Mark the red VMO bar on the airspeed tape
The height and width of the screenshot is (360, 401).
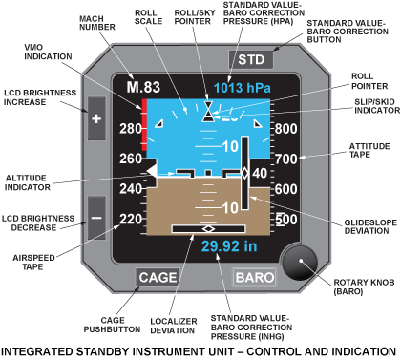tap(142, 122)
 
